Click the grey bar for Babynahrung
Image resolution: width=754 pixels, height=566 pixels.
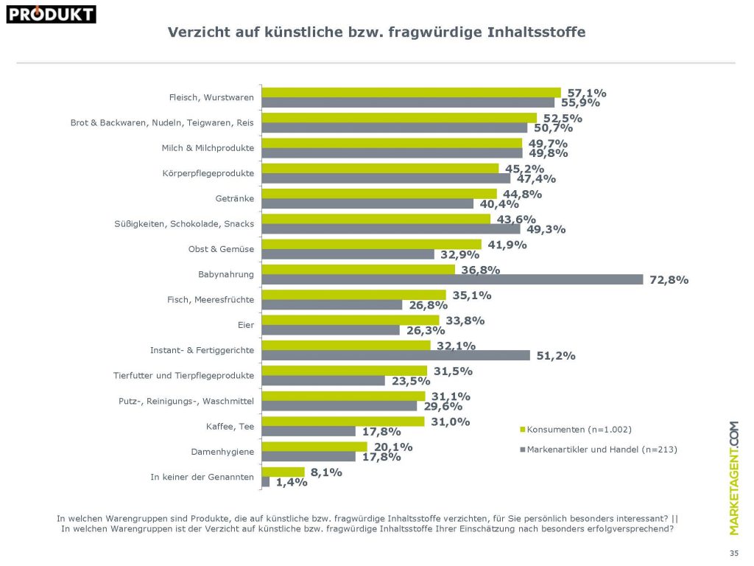[x=453, y=279]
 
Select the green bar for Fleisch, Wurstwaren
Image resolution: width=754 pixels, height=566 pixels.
[x=412, y=92]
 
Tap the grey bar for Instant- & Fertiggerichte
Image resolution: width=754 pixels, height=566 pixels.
[x=396, y=355]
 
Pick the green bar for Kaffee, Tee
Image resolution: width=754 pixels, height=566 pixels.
[x=343, y=421]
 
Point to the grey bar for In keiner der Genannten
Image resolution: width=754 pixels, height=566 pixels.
[x=266, y=481]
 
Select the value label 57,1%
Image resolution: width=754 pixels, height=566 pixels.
[x=586, y=93]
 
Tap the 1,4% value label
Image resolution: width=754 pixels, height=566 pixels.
[x=292, y=483]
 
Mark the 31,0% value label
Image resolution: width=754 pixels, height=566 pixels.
[x=449, y=421]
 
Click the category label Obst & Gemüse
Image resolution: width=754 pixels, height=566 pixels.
[x=221, y=249]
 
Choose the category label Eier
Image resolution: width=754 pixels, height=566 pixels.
[x=245, y=325]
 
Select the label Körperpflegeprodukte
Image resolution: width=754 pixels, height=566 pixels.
[x=208, y=173]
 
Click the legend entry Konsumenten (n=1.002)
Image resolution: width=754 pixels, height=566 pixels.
[x=579, y=429]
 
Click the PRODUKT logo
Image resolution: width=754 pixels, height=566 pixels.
[x=51, y=13]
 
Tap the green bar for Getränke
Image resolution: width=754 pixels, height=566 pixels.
[x=380, y=194]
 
